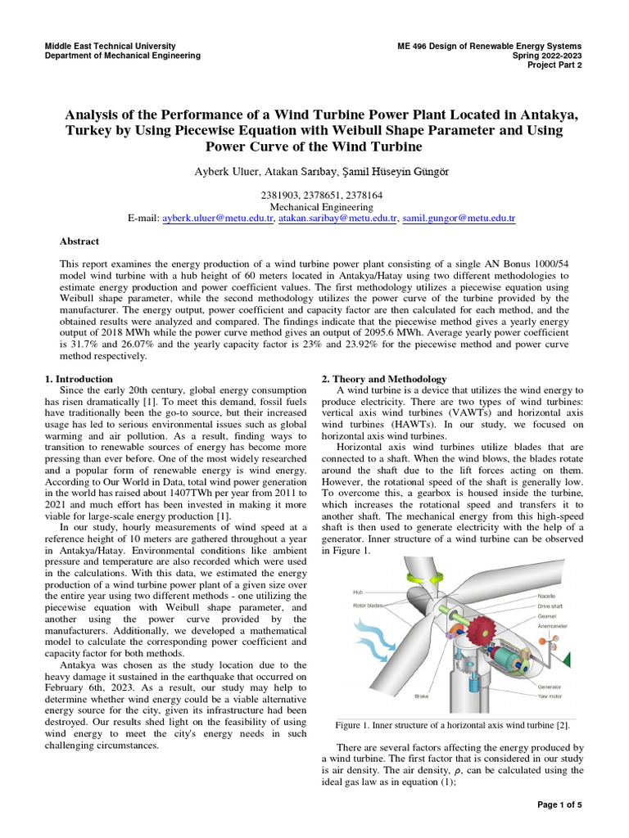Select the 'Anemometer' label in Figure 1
554,626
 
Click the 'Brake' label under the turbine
422,696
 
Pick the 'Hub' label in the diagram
357,591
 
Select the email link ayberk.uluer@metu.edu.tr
217,219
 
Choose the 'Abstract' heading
79,242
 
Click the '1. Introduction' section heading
79,380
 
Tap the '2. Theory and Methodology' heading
383,380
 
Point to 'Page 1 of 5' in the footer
559,805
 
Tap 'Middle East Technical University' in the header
111,46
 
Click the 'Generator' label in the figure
550,686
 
